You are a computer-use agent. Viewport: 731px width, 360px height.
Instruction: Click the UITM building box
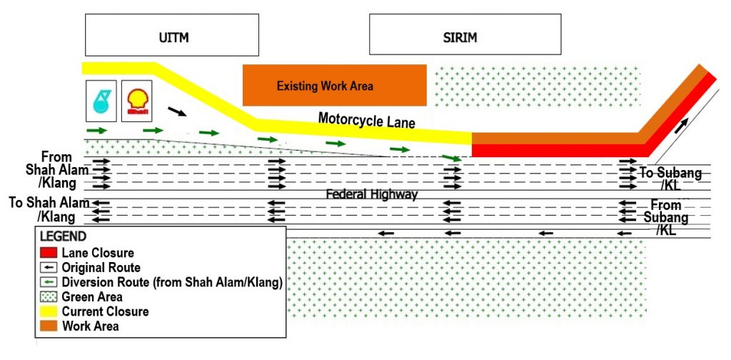pyautogui.click(x=171, y=35)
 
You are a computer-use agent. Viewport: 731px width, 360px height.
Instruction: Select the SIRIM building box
pyautogui.click(x=465, y=35)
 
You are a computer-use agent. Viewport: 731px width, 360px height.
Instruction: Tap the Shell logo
pyautogui.click(x=136, y=99)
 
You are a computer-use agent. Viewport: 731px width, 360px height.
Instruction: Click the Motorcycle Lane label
pyautogui.click(x=366, y=121)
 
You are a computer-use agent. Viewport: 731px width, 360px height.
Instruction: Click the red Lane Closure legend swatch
pyautogui.click(x=49, y=253)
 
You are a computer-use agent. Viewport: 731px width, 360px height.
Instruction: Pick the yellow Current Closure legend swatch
pyautogui.click(x=49, y=311)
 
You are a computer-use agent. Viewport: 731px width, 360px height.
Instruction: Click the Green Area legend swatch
pyautogui.click(x=49, y=296)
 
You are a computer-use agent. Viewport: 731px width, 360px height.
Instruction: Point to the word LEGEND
pyautogui.click(x=63, y=236)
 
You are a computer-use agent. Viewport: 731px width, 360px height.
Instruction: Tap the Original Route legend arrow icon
pyautogui.click(x=49, y=267)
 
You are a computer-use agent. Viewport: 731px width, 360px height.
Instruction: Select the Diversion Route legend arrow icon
pyautogui.click(x=49, y=282)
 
